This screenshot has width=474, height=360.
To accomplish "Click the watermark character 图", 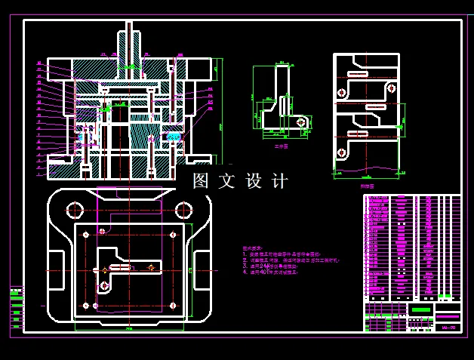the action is click(x=200, y=181).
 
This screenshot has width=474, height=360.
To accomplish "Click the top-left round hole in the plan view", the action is click(x=75, y=210).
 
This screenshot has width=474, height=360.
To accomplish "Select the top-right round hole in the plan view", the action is click(x=184, y=210).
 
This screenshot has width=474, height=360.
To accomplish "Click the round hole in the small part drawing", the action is click(x=301, y=122).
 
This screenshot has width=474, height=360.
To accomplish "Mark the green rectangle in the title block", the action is click(x=423, y=310).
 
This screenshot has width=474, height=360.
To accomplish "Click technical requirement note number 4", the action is click(x=272, y=272).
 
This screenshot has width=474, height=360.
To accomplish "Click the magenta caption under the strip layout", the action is click(x=366, y=184).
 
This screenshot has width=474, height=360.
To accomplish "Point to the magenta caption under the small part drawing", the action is click(x=281, y=147).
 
